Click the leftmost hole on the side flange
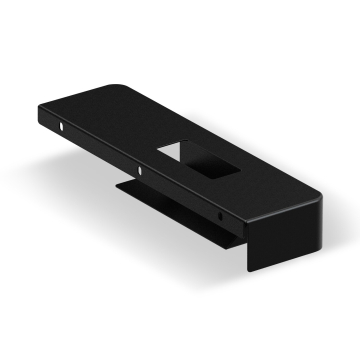point(62,128)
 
